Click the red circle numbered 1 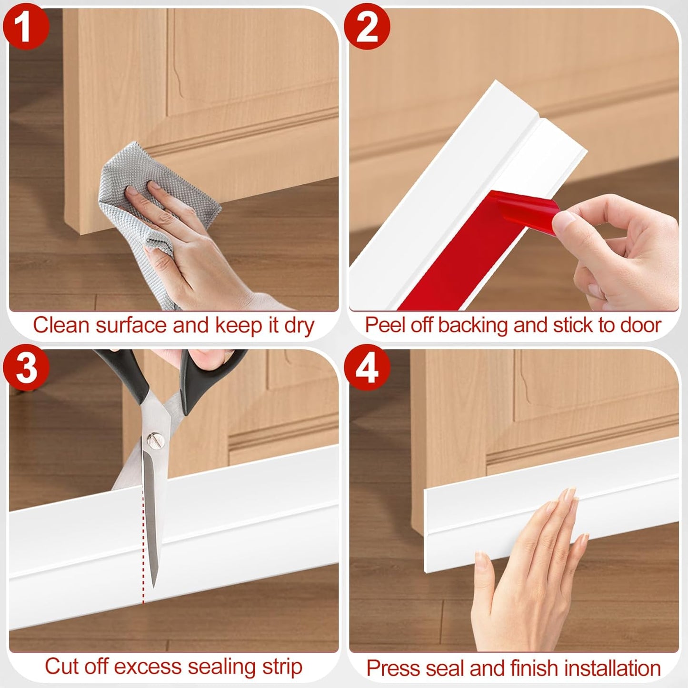[x=26, y=26]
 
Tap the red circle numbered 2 [x=367, y=26]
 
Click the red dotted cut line [x=143, y=548]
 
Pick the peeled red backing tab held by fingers [x=524, y=209]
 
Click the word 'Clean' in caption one [x=61, y=326]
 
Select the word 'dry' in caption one [x=299, y=326]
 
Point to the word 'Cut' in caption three [x=60, y=667]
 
